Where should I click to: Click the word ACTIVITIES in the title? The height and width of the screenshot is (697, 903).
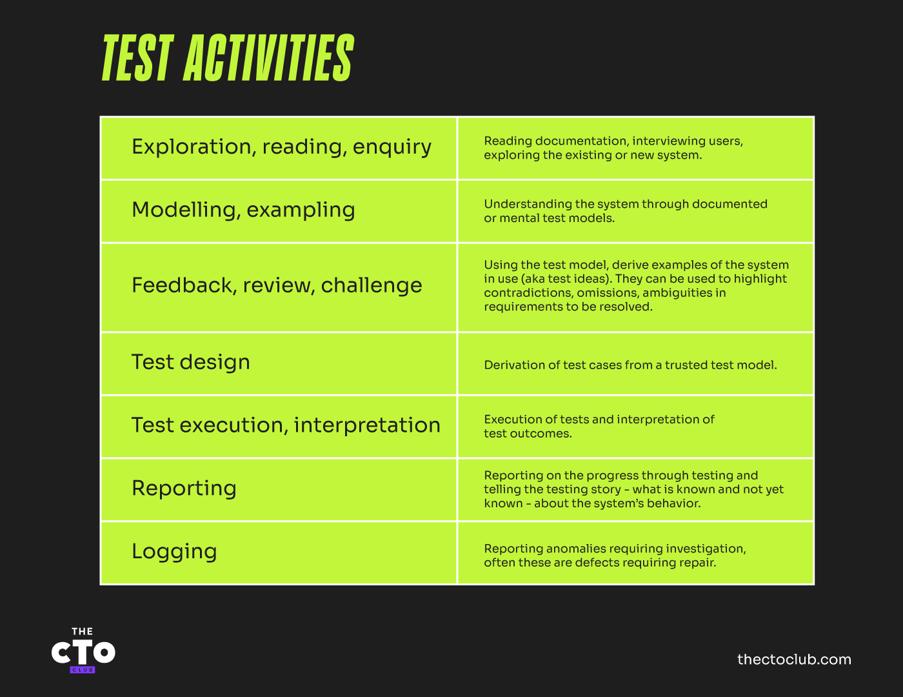click(269, 58)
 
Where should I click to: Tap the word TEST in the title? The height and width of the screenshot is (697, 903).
click(137, 58)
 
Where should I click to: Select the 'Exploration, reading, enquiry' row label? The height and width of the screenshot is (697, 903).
click(281, 147)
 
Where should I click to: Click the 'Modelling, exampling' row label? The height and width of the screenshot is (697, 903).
click(243, 210)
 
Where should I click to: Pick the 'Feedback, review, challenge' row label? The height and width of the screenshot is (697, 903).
click(277, 285)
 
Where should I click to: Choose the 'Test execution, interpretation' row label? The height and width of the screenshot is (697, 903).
click(286, 425)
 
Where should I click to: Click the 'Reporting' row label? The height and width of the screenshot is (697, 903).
click(184, 489)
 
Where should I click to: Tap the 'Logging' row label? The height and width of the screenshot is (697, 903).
click(174, 552)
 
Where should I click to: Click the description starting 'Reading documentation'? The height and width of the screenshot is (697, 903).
click(613, 148)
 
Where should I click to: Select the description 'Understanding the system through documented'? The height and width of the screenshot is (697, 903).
click(626, 211)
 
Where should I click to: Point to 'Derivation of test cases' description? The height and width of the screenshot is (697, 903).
click(630, 365)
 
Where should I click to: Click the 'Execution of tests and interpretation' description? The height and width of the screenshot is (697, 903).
click(599, 427)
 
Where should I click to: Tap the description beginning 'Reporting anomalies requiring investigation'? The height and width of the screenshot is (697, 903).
click(615, 556)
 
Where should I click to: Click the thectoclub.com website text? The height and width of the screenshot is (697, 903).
click(794, 660)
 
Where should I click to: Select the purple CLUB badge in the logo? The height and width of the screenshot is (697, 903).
click(83, 670)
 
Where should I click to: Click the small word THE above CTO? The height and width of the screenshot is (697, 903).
click(83, 632)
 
